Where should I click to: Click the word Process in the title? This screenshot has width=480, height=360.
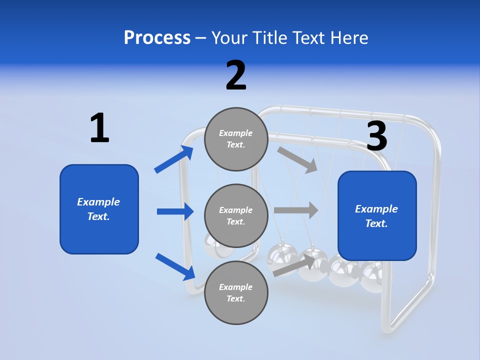[157, 38]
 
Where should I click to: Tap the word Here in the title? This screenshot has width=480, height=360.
[347, 38]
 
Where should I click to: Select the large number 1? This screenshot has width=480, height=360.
[99, 128]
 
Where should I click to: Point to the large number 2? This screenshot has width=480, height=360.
[236, 75]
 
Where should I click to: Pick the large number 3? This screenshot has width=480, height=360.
[376, 136]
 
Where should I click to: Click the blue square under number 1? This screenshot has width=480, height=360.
[99, 209]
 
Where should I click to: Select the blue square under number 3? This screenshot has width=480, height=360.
[377, 216]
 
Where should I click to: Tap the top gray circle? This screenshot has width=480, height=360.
[236, 139]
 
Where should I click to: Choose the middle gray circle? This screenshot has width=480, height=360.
[236, 215]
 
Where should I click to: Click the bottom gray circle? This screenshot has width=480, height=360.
[236, 292]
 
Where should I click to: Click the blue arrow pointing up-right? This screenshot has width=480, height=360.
[174, 159]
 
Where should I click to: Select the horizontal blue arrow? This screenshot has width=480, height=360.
[175, 211]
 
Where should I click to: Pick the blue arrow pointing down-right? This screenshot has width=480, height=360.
[175, 266]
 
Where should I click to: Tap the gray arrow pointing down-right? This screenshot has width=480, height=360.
[297, 160]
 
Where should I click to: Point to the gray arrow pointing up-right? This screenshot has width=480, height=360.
[293, 265]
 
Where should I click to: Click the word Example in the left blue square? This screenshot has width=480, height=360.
[98, 202]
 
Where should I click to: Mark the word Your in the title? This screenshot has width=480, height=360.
[229, 38]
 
